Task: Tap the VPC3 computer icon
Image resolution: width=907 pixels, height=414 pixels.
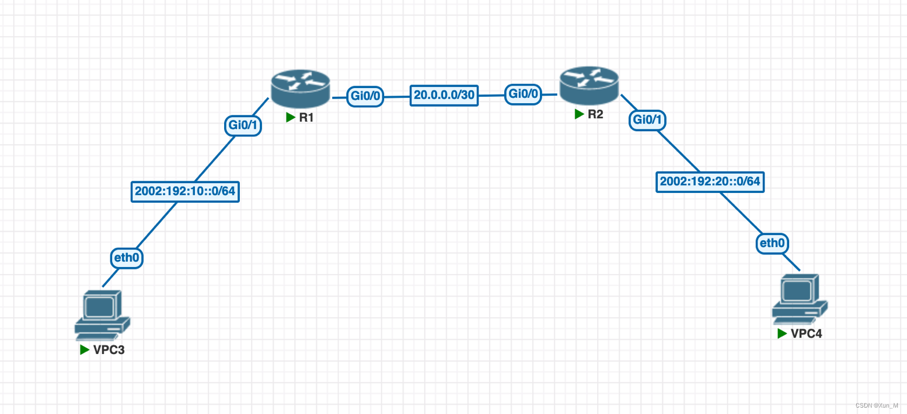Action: (x=102, y=315)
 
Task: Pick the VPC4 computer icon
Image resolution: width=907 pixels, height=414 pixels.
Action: (x=799, y=300)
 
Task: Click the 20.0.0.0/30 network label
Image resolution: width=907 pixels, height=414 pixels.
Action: (x=444, y=95)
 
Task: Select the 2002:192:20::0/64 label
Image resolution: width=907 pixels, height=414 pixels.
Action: (x=710, y=181)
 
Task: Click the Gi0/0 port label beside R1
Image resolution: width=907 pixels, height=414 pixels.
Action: (x=365, y=96)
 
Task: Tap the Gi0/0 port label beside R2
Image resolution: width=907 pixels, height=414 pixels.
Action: (x=523, y=93)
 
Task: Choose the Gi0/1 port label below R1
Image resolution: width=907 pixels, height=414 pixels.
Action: (x=243, y=125)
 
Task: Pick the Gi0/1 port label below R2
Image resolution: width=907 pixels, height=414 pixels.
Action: (x=647, y=120)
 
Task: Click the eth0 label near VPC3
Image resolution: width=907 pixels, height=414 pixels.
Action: (x=127, y=257)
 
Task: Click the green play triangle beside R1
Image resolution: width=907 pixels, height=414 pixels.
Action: (x=291, y=117)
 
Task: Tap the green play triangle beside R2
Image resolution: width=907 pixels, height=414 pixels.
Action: (x=579, y=114)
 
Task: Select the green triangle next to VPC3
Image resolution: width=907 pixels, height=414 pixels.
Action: (x=85, y=350)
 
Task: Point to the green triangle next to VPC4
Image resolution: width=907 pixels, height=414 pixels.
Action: (x=782, y=334)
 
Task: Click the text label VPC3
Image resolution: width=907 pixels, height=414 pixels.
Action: (x=109, y=350)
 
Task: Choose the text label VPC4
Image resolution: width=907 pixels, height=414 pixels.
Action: (x=807, y=334)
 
